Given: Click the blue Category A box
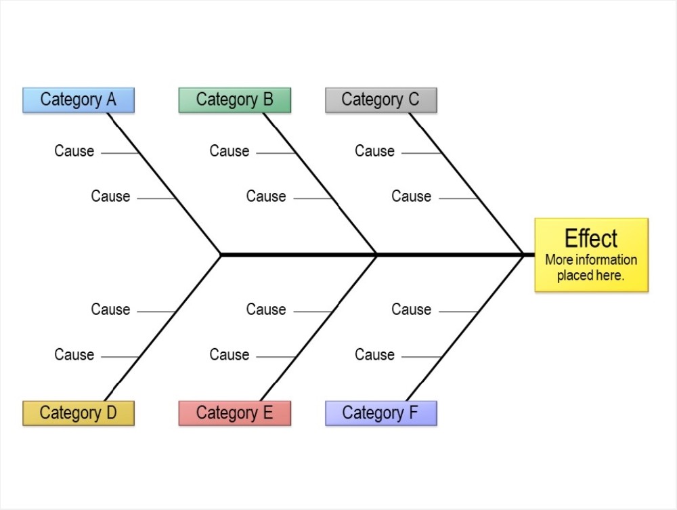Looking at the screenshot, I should click(79, 100).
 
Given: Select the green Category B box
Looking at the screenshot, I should click(234, 100).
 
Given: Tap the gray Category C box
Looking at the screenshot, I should click(380, 100).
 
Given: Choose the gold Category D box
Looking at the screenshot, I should click(79, 412).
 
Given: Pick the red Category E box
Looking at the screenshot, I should click(234, 412).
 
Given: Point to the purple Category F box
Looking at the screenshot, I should click(380, 412).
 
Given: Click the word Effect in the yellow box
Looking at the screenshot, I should click(591, 238).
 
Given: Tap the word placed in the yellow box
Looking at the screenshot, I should click(573, 276).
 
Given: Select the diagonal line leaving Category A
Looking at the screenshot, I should click(165, 184).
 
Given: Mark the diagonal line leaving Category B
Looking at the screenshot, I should click(320, 184).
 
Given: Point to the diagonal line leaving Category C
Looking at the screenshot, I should click(466, 184).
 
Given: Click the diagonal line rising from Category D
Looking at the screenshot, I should click(165, 326).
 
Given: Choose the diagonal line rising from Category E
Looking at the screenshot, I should click(320, 326).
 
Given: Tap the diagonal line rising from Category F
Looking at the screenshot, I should click(466, 326).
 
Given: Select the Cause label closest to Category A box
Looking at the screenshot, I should click(74, 151).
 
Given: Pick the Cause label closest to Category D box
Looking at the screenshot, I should click(74, 355).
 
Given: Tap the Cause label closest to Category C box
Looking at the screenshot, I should click(374, 151).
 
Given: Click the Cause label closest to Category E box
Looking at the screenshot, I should click(229, 355).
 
